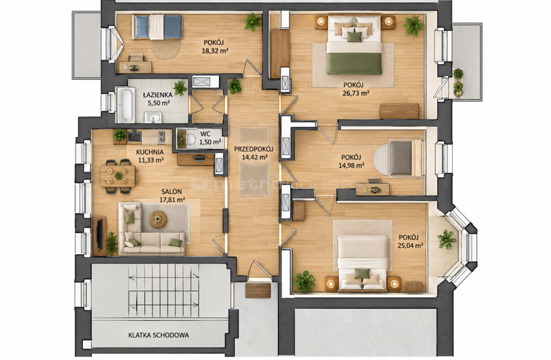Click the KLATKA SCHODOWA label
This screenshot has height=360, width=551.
[x=159, y=335]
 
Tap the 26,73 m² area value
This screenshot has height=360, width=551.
[x=356, y=93]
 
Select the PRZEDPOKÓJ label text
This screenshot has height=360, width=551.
[x=253, y=149]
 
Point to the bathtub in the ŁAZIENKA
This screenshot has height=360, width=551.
[x=126, y=105]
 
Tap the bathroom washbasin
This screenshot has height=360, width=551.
[x=153, y=118]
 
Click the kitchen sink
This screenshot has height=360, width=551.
[x=134, y=136]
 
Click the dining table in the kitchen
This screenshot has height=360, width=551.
[x=118, y=176]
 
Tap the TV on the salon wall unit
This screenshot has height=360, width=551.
[x=100, y=234]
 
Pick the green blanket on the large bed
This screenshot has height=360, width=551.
[x=354, y=64]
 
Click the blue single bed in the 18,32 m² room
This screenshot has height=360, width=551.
[x=157, y=27]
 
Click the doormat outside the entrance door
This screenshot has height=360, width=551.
[x=258, y=291]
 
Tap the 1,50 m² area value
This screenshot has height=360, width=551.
[x=210, y=142]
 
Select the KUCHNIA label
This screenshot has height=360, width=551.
[x=150, y=152]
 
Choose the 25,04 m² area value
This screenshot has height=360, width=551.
[x=410, y=246]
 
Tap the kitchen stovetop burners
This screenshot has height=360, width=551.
[x=161, y=137]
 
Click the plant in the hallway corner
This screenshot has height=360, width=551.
[x=234, y=86]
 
